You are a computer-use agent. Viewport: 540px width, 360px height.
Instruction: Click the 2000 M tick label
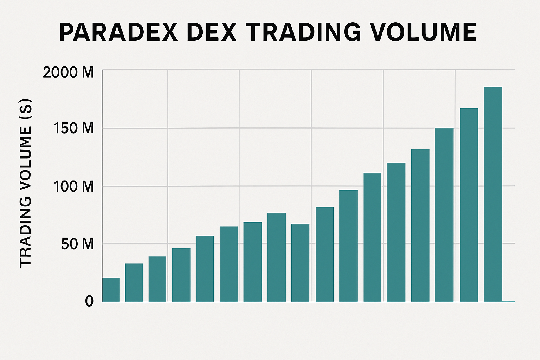[x=68, y=72]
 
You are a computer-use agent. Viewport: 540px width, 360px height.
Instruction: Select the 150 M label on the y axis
[x=74, y=128]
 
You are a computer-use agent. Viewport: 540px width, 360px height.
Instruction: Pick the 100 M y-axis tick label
[x=74, y=186]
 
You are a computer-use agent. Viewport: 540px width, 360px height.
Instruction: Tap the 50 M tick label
[x=77, y=244]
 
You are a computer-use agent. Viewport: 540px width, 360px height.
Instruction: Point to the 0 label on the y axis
[x=89, y=301]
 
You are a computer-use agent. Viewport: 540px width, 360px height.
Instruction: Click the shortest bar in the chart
[x=111, y=290]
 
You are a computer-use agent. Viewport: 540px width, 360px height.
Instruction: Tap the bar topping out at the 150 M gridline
[x=444, y=214]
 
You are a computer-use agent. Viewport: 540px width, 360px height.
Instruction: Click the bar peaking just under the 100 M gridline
[x=348, y=246]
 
